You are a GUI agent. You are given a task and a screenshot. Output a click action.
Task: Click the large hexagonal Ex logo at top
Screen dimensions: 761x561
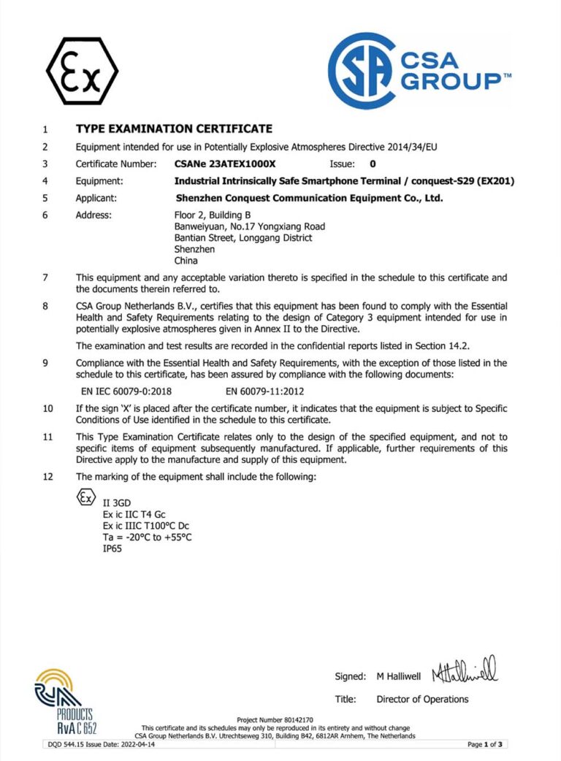pos(82,70)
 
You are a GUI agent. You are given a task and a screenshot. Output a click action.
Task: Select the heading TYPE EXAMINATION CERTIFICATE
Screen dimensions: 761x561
pos(174,129)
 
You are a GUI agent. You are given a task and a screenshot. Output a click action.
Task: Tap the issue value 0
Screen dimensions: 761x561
pos(373,164)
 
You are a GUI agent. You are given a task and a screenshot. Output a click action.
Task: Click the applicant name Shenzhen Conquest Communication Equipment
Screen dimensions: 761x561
pos(310,197)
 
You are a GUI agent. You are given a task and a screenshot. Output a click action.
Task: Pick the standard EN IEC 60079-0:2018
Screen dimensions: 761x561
pos(131,391)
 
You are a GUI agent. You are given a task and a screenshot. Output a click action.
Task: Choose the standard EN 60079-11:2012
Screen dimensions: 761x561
pos(267,391)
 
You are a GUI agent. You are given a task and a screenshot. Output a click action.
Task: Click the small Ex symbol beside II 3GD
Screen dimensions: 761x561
pos(86,498)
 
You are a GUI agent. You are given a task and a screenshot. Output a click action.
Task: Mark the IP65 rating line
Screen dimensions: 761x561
pos(113,548)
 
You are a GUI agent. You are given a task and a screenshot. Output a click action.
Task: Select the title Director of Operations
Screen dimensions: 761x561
pos(422,699)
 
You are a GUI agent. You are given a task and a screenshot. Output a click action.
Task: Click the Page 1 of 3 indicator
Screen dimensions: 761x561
pos(486,744)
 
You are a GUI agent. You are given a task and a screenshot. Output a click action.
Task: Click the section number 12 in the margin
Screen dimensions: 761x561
pos(48,477)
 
